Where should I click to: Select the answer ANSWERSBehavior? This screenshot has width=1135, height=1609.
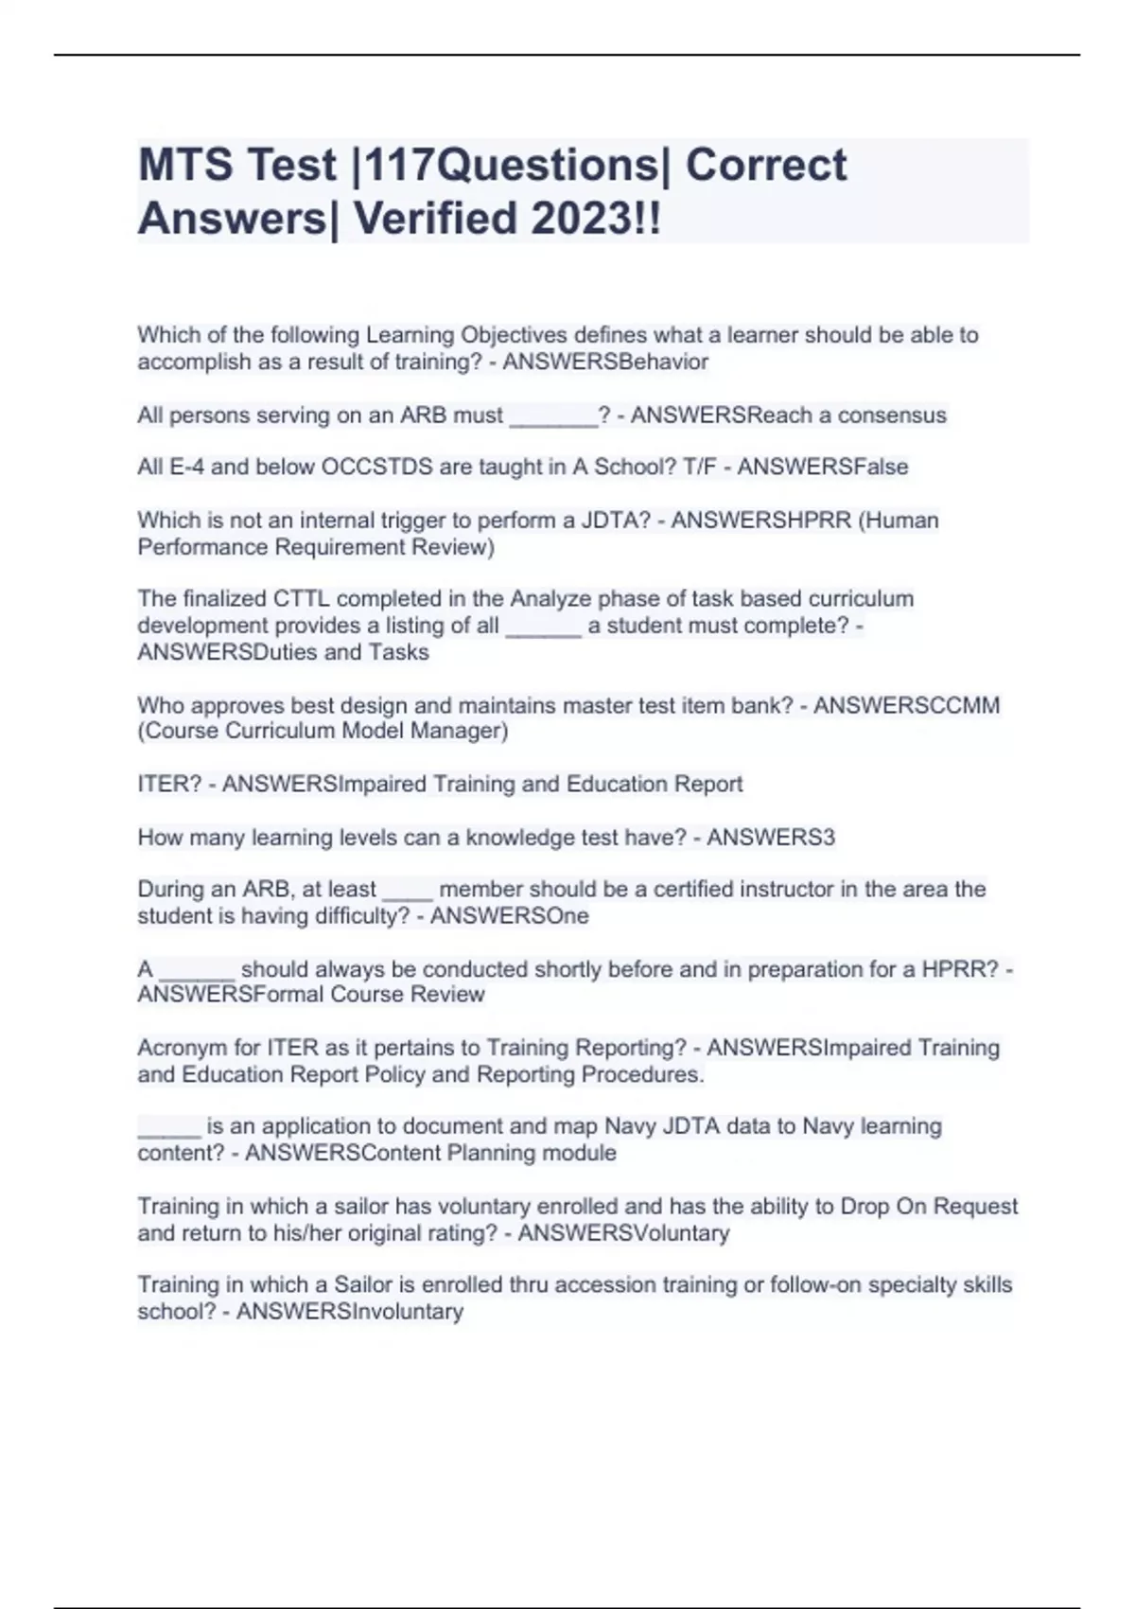(x=605, y=362)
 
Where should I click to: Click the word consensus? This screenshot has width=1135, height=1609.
(x=892, y=416)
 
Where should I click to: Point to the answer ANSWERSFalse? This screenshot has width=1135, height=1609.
(x=822, y=467)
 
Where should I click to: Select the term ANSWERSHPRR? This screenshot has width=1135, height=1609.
(x=761, y=521)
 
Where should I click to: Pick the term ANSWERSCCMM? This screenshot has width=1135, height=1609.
(x=906, y=705)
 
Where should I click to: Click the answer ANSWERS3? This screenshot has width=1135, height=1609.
(x=771, y=838)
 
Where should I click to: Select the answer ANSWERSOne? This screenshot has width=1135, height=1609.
(x=509, y=916)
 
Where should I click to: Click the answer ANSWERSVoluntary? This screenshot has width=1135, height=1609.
(x=623, y=1233)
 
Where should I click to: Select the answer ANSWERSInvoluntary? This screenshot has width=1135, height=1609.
(x=349, y=1312)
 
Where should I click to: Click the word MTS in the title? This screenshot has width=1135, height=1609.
(x=185, y=165)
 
